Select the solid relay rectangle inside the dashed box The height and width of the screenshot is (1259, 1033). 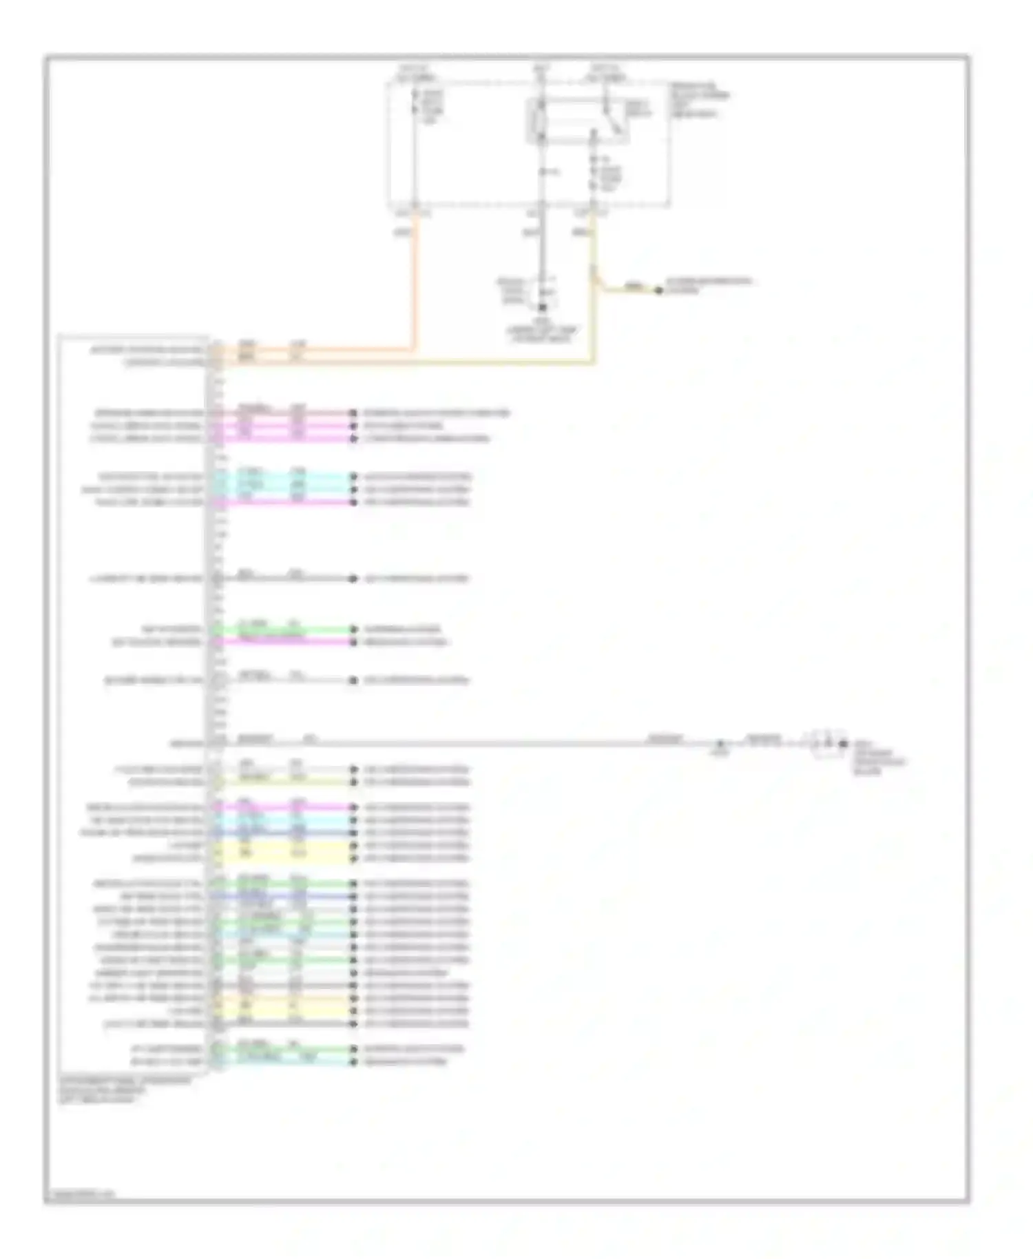[577, 121]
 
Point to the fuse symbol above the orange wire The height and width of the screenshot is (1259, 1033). [415, 107]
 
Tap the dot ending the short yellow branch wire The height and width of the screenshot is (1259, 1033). [658, 291]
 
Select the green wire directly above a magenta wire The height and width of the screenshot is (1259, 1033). [289, 629]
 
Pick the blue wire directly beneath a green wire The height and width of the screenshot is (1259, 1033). [289, 897]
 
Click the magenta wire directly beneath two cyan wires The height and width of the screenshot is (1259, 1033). [289, 503]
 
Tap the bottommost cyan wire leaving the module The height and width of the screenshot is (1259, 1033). [289, 1062]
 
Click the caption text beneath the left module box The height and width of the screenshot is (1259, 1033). [124, 1090]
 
